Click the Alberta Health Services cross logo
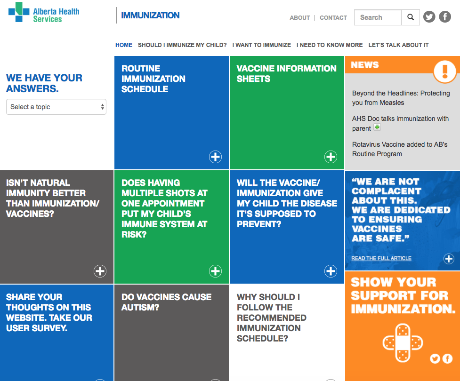point(19,12)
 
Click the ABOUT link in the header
point(299,18)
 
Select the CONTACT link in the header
point(333,18)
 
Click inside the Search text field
point(378,17)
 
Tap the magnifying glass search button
point(411,17)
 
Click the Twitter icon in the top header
point(429,17)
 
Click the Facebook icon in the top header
point(445,17)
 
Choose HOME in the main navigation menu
point(123,45)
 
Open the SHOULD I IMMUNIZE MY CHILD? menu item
point(182,45)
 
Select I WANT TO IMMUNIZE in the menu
point(261,45)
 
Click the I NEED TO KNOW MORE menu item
point(330,45)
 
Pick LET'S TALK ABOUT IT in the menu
point(398,45)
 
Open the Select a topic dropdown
point(56,107)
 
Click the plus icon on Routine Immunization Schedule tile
point(215,157)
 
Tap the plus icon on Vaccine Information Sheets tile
point(331,157)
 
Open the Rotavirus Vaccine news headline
point(400,149)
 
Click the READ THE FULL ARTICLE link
point(381,258)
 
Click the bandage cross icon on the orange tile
point(403,343)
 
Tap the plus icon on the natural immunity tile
point(100,271)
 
